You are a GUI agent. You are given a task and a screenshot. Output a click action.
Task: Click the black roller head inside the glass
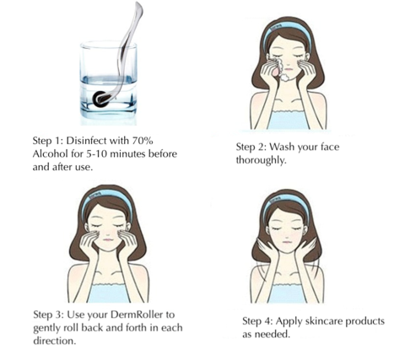click(x=100, y=99)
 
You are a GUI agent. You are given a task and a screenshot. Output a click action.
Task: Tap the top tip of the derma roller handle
click(x=138, y=3)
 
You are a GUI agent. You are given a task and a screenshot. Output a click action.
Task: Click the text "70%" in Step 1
click(x=143, y=140)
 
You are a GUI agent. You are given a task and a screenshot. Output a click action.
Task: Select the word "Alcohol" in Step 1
click(x=50, y=153)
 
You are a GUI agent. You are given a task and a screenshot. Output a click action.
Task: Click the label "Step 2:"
click(x=251, y=147)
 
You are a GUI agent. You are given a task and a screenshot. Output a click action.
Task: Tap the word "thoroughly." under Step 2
click(x=261, y=160)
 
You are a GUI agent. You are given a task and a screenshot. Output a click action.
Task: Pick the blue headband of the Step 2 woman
click(x=288, y=32)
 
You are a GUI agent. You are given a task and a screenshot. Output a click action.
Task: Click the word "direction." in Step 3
click(x=55, y=341)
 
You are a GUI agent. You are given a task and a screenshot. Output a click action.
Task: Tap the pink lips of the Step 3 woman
click(x=107, y=240)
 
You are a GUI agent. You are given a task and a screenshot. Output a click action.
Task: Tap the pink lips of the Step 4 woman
click(x=288, y=242)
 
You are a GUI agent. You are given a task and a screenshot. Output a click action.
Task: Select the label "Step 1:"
click(x=48, y=140)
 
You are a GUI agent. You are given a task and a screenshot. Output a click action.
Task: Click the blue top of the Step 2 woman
click(x=288, y=120)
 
